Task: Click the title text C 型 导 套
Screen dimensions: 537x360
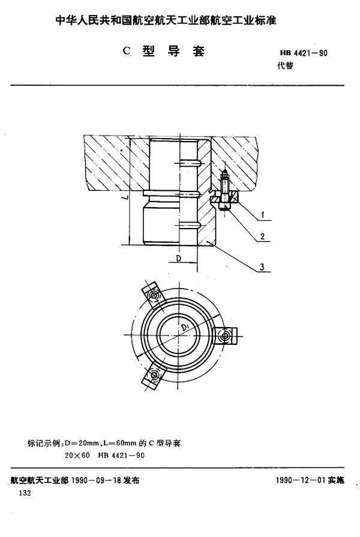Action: pyautogui.click(x=164, y=51)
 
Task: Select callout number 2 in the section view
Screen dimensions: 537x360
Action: pyautogui.click(x=262, y=236)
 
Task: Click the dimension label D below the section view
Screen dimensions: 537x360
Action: pyautogui.click(x=178, y=257)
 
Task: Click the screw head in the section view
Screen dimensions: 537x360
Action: pyautogui.click(x=223, y=206)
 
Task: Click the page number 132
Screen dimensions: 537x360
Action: pyautogui.click(x=25, y=493)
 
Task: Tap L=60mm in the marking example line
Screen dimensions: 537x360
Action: pyautogui.click(x=113, y=443)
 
